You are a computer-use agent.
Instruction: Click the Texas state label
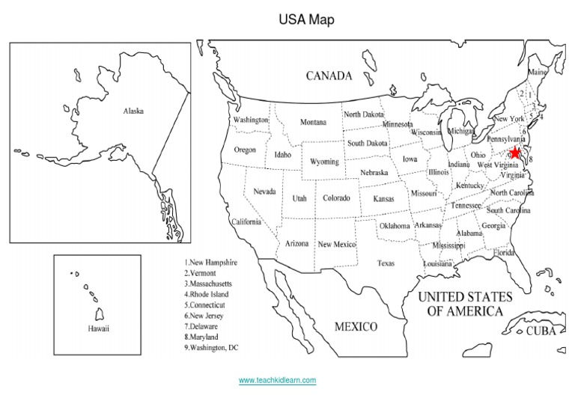(x=386, y=263)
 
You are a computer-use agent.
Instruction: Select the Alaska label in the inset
(x=133, y=111)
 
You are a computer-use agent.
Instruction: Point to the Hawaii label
(x=98, y=328)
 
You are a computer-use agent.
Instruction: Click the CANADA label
(x=329, y=76)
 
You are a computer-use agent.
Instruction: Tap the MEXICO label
(x=356, y=327)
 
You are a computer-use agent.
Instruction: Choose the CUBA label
(x=541, y=331)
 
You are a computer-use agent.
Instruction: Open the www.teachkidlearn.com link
(x=277, y=380)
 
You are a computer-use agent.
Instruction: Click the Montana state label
(x=313, y=122)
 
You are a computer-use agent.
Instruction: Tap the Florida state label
(x=504, y=253)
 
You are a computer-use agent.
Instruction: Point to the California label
(x=246, y=222)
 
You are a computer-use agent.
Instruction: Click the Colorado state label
(x=336, y=199)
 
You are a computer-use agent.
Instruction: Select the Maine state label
(x=538, y=73)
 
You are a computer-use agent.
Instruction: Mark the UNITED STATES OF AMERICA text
(x=465, y=304)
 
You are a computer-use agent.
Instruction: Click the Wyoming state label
(x=324, y=162)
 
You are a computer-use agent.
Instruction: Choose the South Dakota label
(x=367, y=143)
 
